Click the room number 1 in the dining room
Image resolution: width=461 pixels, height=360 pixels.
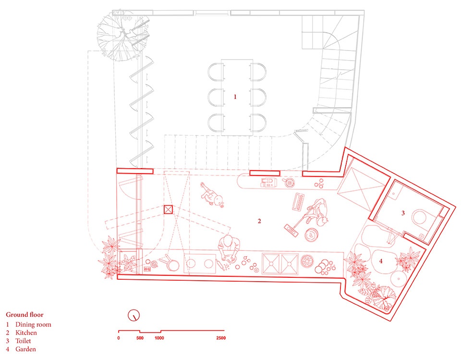pos(235,97)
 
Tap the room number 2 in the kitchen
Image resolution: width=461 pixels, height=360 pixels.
pos(259,221)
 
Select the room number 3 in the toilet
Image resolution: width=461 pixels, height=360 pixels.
pos(403,213)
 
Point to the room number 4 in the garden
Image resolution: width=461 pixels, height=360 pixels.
pos(381,261)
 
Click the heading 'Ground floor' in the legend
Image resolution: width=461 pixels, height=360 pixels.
pos(24,315)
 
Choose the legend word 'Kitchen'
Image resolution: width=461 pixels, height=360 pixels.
pos(26,333)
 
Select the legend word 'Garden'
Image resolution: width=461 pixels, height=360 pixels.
pos(25,349)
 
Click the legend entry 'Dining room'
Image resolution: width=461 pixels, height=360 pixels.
pos(33,324)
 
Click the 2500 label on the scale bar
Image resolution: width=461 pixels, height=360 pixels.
pos(221,338)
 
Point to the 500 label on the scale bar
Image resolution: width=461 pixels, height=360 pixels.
pos(140,338)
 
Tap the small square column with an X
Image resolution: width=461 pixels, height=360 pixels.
pos(168,210)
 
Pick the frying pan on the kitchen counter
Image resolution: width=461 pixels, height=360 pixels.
pos(171,264)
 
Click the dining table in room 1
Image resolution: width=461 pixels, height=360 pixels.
pos(237,98)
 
